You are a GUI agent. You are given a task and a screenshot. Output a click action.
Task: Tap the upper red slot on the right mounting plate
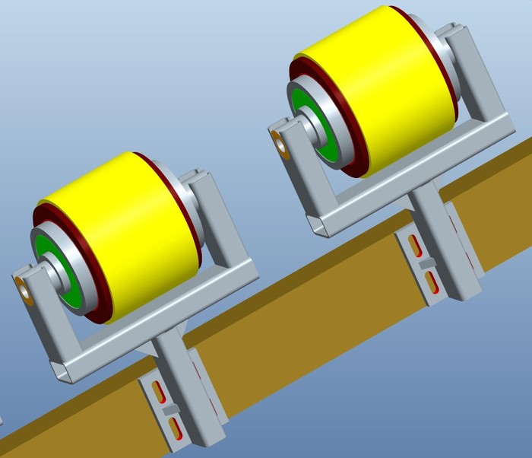coord(416,245)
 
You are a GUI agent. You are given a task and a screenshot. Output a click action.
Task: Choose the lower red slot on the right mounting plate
coord(432,282)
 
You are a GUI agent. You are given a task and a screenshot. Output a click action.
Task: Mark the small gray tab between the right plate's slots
coord(427,263)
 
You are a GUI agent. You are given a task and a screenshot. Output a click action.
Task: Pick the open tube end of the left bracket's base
coord(64,373)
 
